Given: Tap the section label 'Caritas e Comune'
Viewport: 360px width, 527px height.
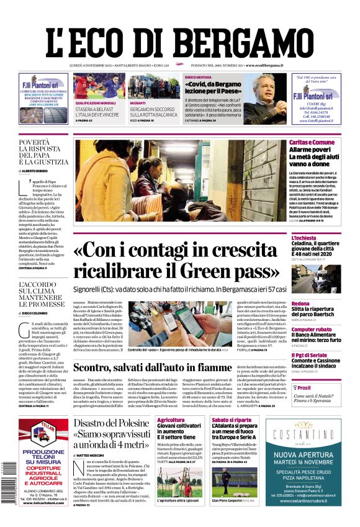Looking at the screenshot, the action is click(x=312, y=143).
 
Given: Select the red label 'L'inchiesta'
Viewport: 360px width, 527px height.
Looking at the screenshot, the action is click(x=304, y=238).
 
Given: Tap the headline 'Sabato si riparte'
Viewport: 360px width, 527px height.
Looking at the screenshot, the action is click(x=232, y=420).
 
